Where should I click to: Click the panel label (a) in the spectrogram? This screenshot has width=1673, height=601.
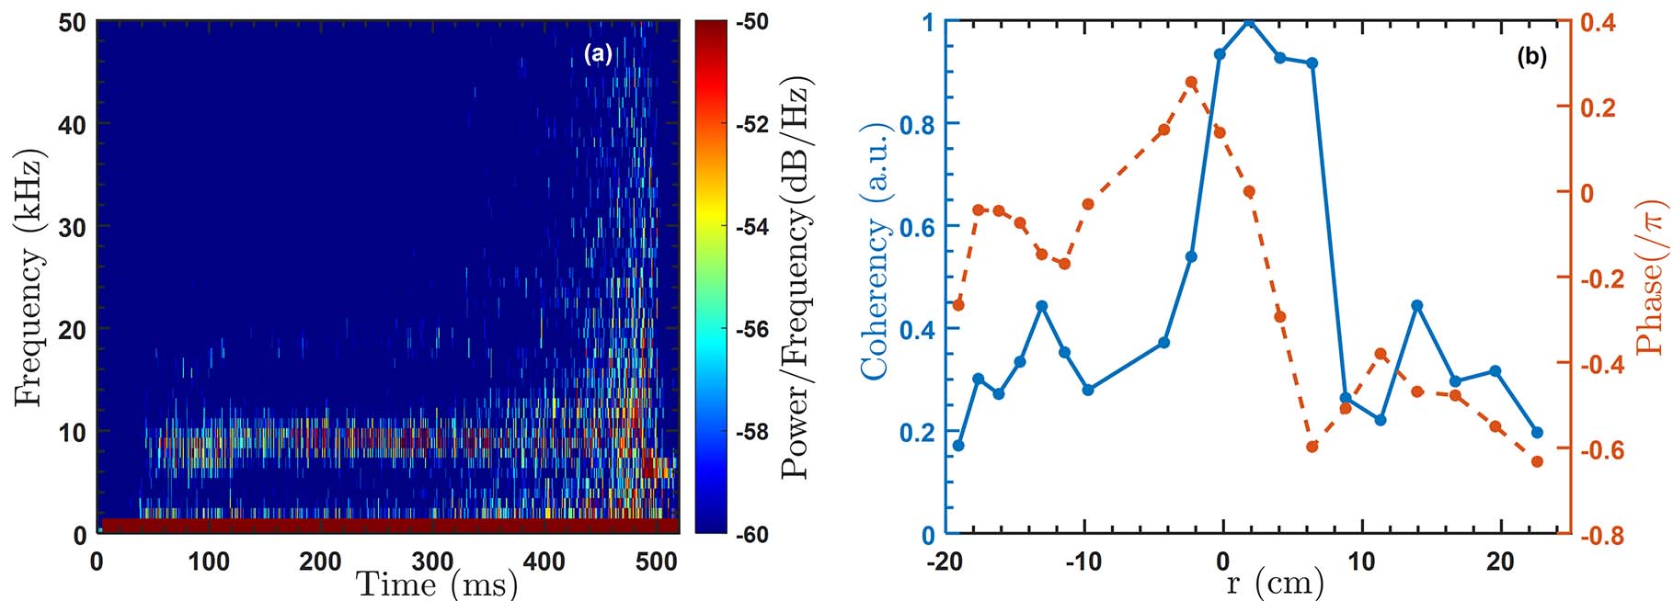[x=598, y=54]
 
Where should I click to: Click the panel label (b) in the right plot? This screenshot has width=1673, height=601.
[x=1531, y=57]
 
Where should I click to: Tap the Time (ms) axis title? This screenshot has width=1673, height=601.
[x=437, y=584]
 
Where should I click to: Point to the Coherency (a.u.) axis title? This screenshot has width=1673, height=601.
[x=874, y=250]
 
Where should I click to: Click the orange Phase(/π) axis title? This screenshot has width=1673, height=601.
[x=1651, y=278]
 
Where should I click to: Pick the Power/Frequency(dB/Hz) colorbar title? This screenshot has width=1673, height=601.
[x=796, y=277]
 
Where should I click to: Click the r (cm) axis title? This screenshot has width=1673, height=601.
[x=1275, y=582]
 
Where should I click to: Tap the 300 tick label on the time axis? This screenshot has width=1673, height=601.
[x=432, y=561]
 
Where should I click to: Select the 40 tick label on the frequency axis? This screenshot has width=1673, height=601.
[x=73, y=124]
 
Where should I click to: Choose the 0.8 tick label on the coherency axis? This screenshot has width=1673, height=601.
[x=916, y=124]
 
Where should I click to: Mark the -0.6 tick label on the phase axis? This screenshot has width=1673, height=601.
[x=1601, y=450]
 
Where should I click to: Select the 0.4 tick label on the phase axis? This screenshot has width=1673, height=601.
[x=1599, y=22]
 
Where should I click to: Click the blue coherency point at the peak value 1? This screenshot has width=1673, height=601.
[x=1249, y=21]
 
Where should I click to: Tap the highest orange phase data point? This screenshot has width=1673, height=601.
[x=1191, y=83]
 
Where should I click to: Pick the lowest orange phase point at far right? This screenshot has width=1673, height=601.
[x=1537, y=461]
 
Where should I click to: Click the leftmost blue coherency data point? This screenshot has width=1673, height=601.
[x=958, y=446]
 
